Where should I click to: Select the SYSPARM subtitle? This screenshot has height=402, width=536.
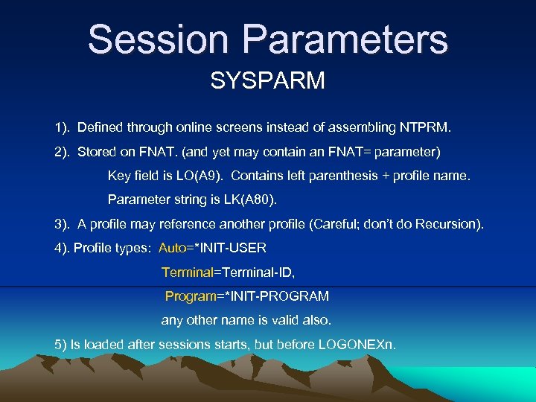267,80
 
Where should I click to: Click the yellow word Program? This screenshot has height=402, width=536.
190,296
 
